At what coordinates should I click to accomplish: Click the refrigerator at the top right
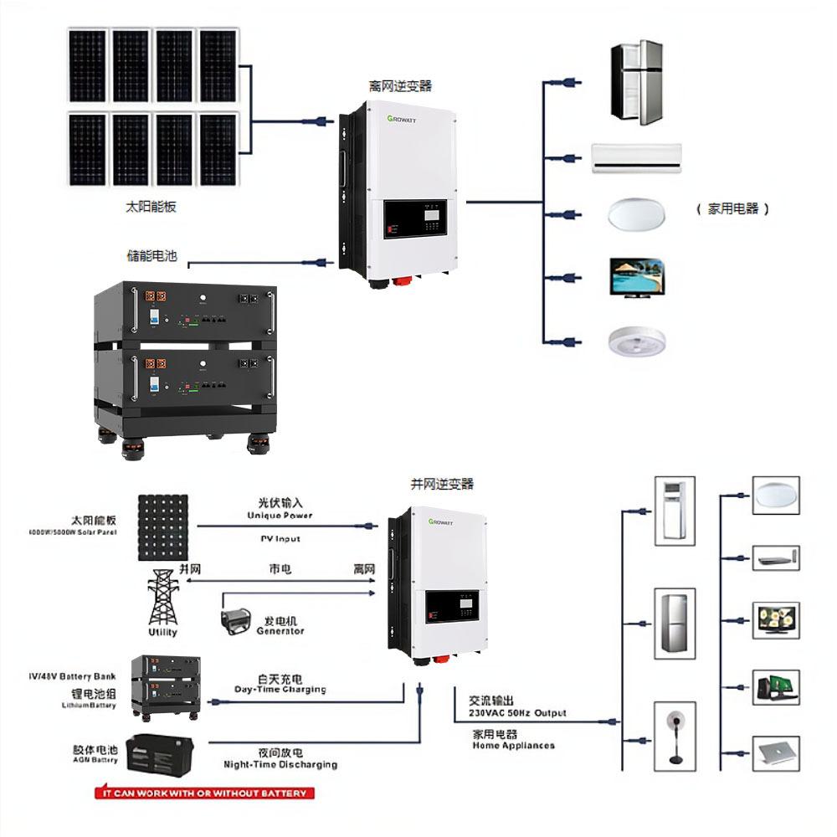pos(636,84)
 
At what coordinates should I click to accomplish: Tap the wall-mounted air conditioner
pos(637,157)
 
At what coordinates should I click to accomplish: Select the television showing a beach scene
pos(636,276)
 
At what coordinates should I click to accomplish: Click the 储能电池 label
pos(152,255)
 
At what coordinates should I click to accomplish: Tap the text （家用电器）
pos(732,209)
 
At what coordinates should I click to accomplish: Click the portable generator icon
pos(238,622)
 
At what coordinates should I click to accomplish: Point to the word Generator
pos(280,631)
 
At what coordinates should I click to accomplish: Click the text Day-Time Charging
pos(280,690)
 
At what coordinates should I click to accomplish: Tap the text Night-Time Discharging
pos(280,764)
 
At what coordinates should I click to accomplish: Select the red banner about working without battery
pos(203,793)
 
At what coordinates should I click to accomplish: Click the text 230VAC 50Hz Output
pos(517,713)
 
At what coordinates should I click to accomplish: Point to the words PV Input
pos(280,538)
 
